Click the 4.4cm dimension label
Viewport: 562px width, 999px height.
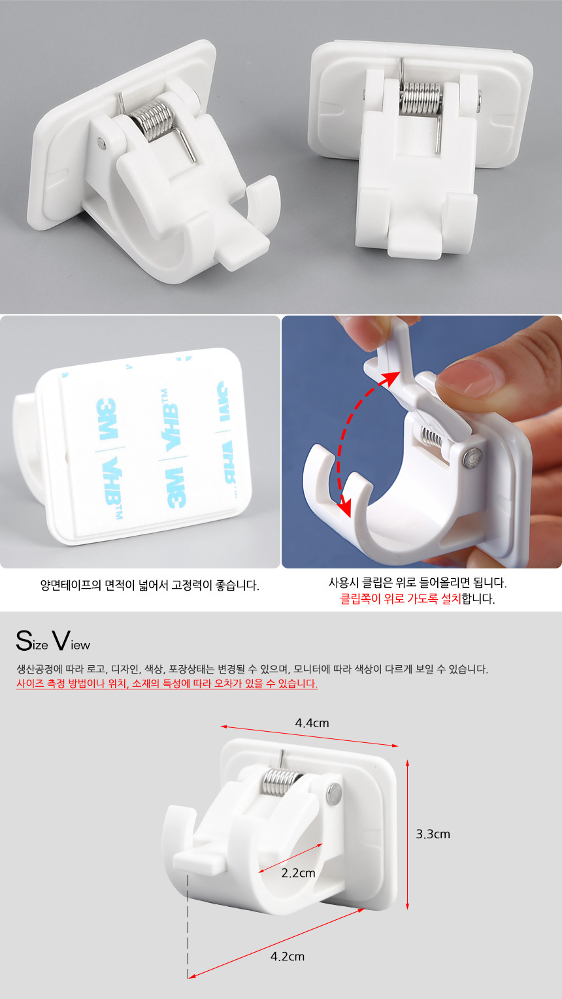312,723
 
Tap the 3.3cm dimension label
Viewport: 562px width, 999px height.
433,834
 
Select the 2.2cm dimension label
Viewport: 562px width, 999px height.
298,873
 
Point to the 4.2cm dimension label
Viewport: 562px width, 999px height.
288,956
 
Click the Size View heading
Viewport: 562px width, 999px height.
53,641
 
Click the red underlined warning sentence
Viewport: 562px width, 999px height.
167,683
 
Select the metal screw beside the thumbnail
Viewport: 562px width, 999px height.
471,459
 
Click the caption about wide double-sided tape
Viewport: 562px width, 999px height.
150,585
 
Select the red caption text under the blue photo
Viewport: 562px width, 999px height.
401,598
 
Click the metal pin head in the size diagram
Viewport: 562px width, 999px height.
334,793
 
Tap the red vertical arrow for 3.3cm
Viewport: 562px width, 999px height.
407,834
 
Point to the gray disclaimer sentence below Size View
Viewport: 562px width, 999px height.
252,669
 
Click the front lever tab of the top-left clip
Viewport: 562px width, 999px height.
243,254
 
